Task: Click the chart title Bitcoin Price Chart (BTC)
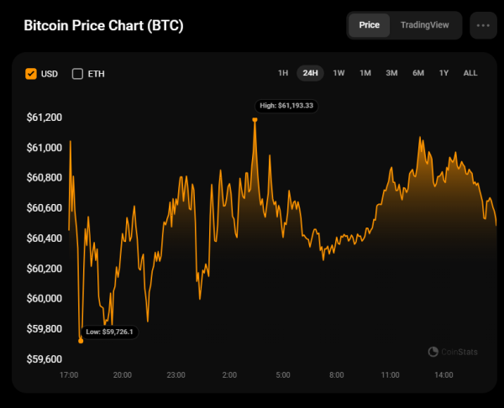103,25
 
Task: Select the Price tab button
370,25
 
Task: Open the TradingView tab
425,25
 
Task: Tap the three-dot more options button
483,25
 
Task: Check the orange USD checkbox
31,74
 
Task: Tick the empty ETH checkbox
78,74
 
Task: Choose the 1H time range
284,73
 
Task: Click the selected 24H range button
310,73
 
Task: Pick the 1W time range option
339,73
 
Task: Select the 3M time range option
391,73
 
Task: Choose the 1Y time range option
444,73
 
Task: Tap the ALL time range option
470,73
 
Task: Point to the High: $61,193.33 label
286,106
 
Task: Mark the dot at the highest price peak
255,119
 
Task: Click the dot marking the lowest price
81,341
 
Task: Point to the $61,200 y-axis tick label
44,118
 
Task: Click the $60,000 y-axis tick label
44,299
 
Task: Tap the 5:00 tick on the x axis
283,375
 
